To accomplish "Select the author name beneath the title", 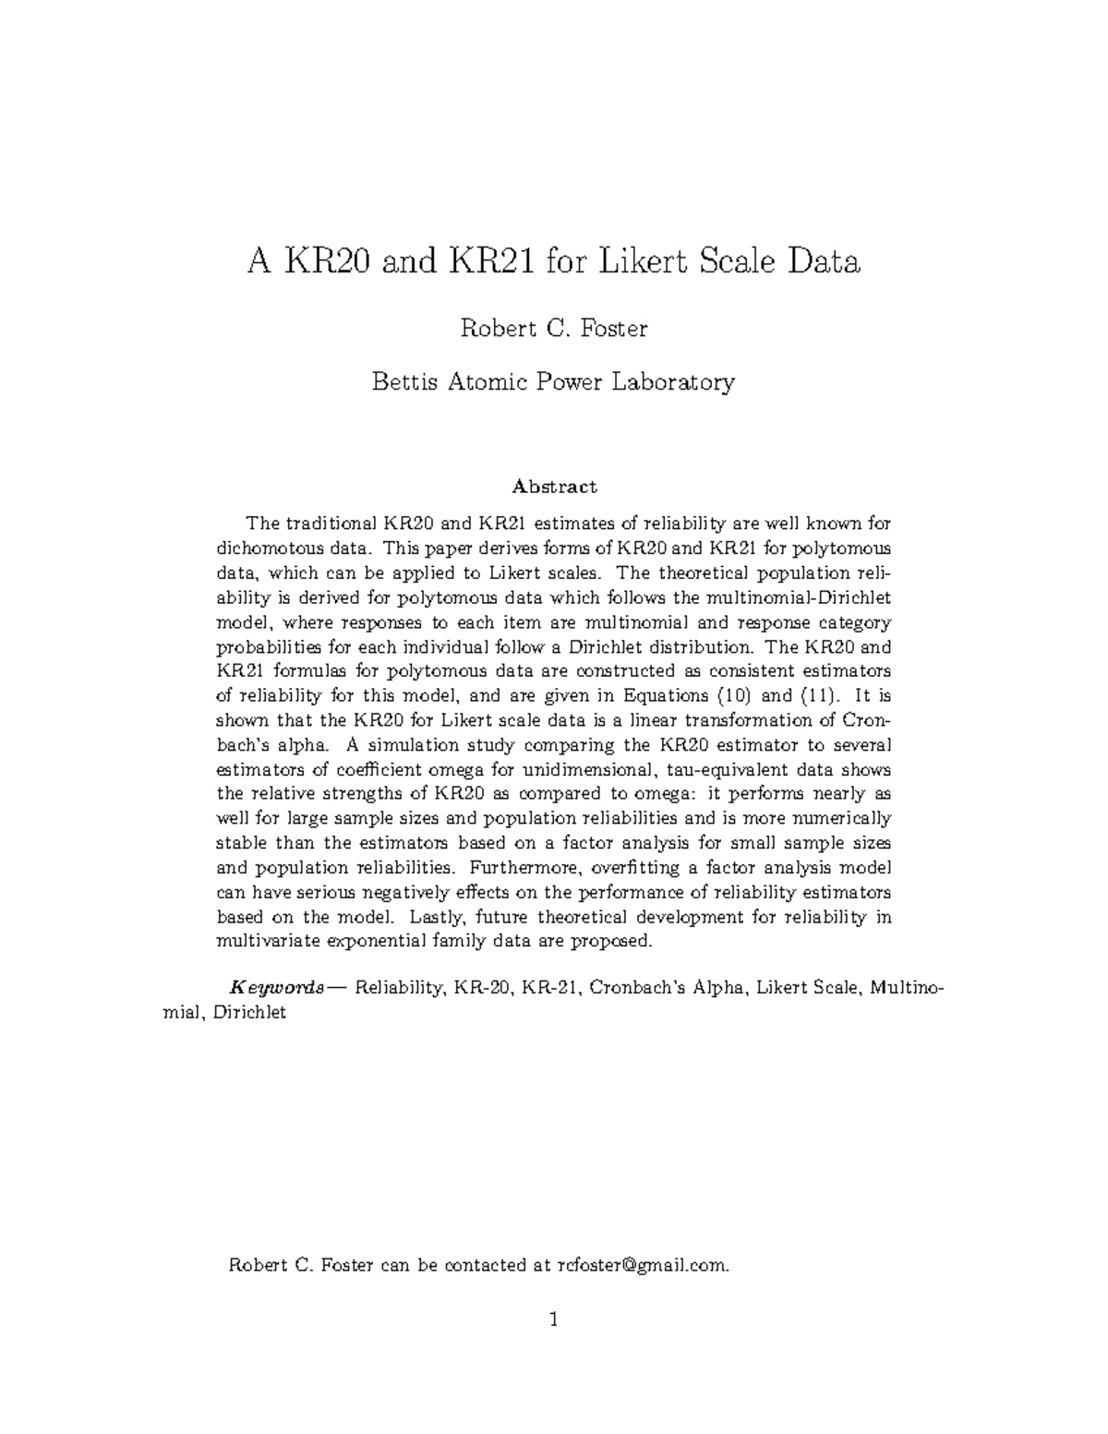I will coord(553,328).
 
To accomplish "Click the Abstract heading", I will coord(555,487).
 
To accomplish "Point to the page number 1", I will coord(554,1320).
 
